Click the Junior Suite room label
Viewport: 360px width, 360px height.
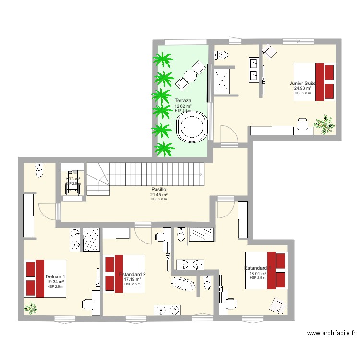[x=302, y=83]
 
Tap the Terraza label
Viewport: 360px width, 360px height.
[x=183, y=100]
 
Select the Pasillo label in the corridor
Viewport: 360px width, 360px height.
[x=158, y=190]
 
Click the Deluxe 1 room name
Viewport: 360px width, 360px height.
[x=55, y=276]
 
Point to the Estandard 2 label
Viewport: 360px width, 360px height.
[x=132, y=274]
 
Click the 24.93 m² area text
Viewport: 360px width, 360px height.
[x=303, y=88]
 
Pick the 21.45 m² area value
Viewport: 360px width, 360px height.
[x=158, y=195]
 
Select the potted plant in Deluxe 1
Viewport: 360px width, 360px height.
[x=31, y=308]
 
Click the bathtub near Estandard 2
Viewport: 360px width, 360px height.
[x=184, y=283]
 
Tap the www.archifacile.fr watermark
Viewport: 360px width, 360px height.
[x=331, y=333]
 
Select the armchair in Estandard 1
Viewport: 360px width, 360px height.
[x=278, y=304]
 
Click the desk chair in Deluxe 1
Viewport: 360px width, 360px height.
[x=88, y=304]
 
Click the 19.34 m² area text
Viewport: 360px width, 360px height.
[x=55, y=282]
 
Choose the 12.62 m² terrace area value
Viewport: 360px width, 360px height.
[x=183, y=106]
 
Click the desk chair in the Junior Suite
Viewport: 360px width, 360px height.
[x=302, y=124]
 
